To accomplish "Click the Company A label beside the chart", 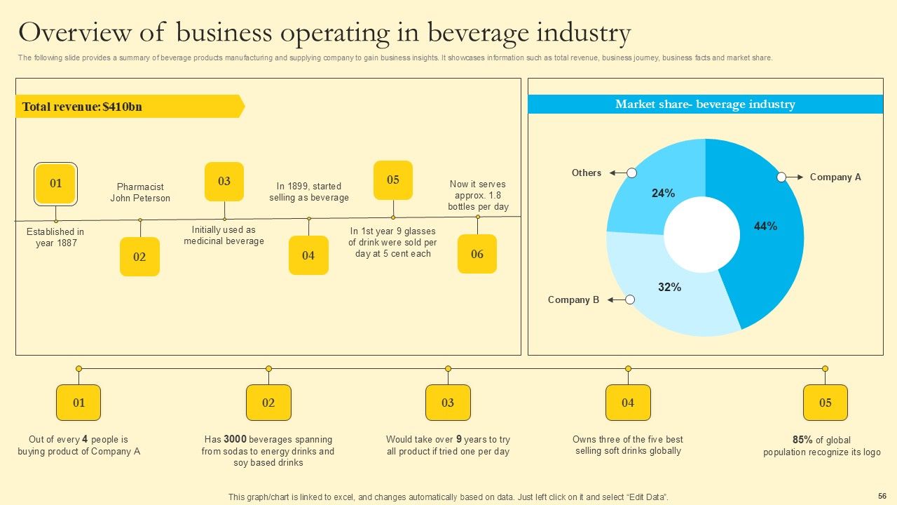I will pos(835,177).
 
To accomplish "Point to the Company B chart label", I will pos(573,299).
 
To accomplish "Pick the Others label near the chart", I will pos(586,173).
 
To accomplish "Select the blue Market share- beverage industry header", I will pos(705,105).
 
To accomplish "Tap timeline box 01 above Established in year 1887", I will pos(55,184).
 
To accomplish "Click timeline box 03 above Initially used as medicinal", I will pos(224,182).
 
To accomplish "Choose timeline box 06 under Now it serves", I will pos(477,254).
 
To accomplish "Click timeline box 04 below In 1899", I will pos(308,255).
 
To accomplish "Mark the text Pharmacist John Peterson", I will pos(140,192).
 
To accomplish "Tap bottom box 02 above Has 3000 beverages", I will pos(268,403).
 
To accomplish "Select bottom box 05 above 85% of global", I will pos(825,403).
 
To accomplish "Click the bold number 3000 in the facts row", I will pos(235,440).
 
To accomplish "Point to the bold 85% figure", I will pos(802,440).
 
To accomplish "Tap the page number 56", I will pos(882,495).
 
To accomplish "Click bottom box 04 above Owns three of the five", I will pos(628,403).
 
